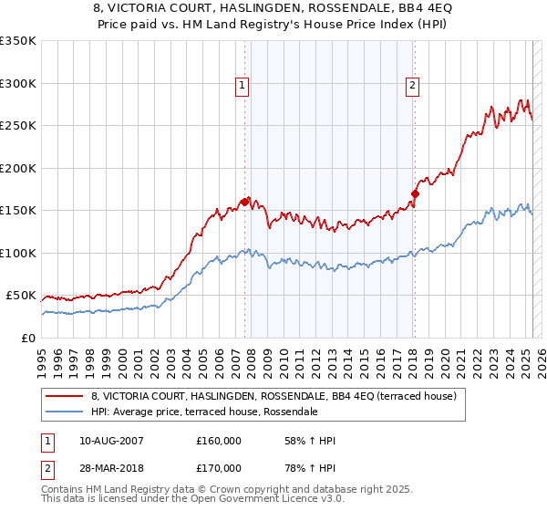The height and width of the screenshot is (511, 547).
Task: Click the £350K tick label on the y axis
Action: pyautogui.click(x=18, y=41)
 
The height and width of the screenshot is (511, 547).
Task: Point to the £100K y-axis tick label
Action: pyautogui.click(x=18, y=253)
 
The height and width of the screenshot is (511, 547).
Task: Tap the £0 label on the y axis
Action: pyautogui.click(x=29, y=338)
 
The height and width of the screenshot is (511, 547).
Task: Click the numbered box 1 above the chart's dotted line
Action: pyautogui.click(x=243, y=86)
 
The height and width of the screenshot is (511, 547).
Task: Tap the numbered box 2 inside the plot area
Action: pyautogui.click(x=412, y=86)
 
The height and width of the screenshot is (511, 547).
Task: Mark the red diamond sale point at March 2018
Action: pyautogui.click(x=415, y=193)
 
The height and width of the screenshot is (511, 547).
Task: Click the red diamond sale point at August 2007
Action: pyautogui.click(x=244, y=202)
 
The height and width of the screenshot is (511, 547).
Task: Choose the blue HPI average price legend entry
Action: pyautogui.click(x=203, y=412)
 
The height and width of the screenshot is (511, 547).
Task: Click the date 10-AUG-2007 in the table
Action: pyautogui.click(x=111, y=441)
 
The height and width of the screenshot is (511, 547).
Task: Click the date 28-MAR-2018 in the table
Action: pyautogui.click(x=111, y=468)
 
